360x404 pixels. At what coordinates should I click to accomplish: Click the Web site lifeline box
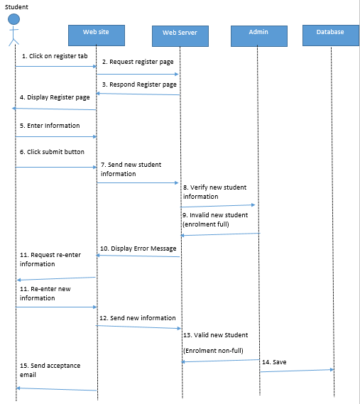pyautogui.click(x=97, y=33)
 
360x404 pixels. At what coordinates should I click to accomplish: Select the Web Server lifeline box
pyautogui.click(x=179, y=33)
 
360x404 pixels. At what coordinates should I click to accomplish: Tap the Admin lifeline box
pyautogui.click(x=258, y=33)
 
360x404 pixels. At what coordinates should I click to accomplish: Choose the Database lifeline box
pyautogui.click(x=331, y=33)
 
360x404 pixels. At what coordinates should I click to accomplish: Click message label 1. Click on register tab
pyautogui.click(x=50, y=55)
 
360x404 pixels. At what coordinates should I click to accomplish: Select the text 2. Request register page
pyautogui.click(x=137, y=62)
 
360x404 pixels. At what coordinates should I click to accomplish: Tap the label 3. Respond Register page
pyautogui.click(x=138, y=84)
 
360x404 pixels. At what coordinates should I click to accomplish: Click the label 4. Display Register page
pyautogui.click(x=55, y=97)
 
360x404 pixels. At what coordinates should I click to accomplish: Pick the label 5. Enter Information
pyautogui.click(x=50, y=125)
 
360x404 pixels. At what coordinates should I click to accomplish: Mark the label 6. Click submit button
pyautogui.click(x=52, y=152)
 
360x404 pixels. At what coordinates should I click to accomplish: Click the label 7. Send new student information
pyautogui.click(x=131, y=169)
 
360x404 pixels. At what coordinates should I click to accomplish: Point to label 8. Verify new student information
pyautogui.click(x=215, y=192)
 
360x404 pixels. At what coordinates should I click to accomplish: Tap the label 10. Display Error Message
pyautogui.click(x=138, y=249)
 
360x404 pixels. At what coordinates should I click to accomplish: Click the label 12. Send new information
pyautogui.click(x=138, y=317)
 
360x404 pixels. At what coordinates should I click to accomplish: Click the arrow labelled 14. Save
pyautogui.click(x=296, y=370)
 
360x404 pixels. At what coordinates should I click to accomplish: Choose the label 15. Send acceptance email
pyautogui.click(x=50, y=370)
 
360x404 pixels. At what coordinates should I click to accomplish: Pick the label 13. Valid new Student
pyautogui.click(x=216, y=334)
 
